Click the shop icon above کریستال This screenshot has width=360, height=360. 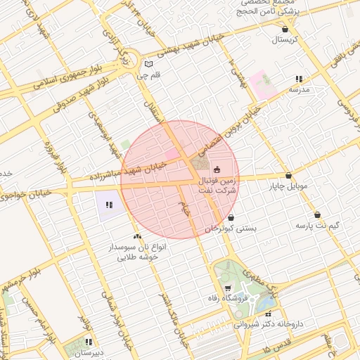point(285,30)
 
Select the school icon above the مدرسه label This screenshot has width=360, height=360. point(300,79)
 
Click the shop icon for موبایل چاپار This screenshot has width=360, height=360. point(288,176)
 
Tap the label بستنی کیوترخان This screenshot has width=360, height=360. point(232,229)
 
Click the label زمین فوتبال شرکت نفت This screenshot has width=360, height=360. point(218,186)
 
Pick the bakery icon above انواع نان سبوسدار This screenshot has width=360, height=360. point(137,237)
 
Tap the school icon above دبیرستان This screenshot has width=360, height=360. point(89,342)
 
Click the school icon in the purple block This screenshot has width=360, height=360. point(109,205)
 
